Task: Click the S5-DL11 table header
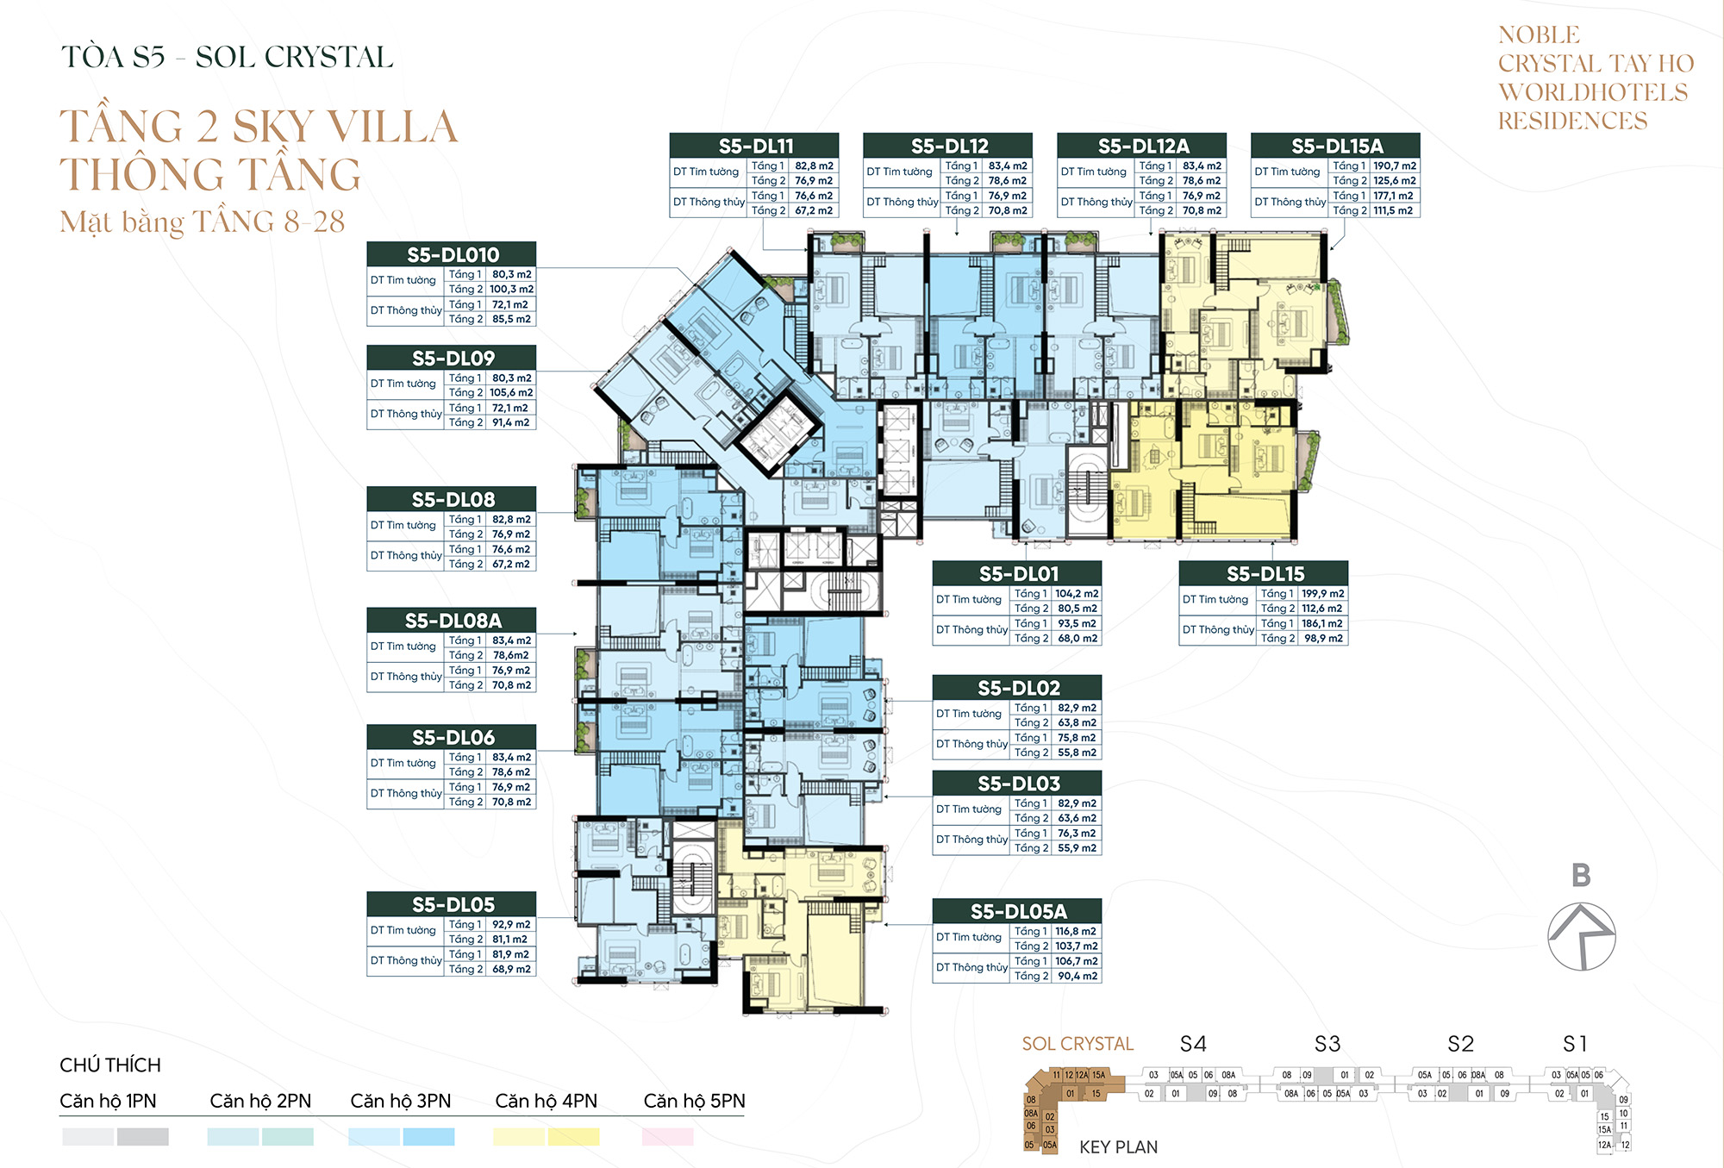coord(754,146)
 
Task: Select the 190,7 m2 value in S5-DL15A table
coord(1394,166)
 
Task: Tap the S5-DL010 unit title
coord(452,254)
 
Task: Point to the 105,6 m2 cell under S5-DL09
coord(511,392)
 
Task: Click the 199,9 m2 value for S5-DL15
coord(1322,593)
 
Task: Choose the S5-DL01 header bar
coord(1017,573)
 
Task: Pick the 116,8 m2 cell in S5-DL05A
coord(1076,931)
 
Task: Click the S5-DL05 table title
coord(452,904)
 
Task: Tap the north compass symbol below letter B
coord(1581,936)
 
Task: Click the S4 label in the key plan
coord(1193,1044)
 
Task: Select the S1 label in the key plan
coord(1574,1044)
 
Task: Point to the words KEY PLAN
coord(1118,1146)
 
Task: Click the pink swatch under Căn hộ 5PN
coord(667,1137)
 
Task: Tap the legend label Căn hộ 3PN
coord(401,1101)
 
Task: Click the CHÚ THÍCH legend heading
coord(110,1065)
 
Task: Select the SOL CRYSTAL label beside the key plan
coord(1077,1044)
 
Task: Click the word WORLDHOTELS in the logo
coord(1593,92)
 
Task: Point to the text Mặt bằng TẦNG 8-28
coord(203,222)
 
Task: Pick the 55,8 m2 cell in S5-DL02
coord(1077,753)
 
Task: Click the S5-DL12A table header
coord(1142,146)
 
